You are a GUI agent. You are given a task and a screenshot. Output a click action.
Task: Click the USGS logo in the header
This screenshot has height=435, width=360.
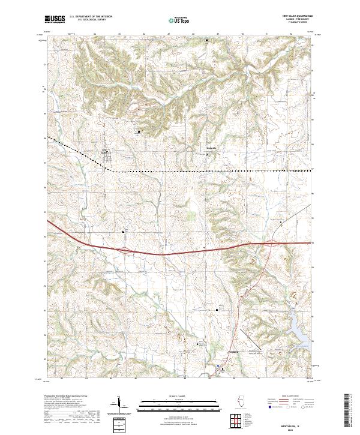(x=55, y=19)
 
